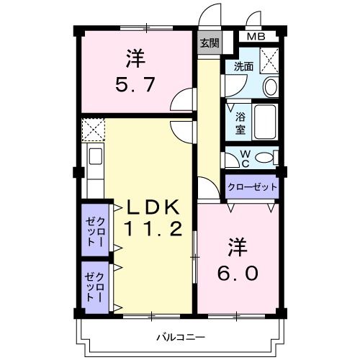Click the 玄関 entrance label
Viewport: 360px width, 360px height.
210,42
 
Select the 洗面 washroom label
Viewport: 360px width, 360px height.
243,67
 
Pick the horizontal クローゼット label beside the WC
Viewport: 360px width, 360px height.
252,186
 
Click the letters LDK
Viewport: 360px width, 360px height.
152,207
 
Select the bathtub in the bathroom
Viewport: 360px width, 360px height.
266,122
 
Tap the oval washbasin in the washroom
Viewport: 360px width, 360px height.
271,87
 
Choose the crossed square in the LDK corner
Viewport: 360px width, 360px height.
93,130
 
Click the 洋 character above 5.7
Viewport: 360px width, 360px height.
135,55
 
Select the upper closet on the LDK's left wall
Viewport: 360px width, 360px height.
96,231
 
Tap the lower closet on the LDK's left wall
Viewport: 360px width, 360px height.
96,286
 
